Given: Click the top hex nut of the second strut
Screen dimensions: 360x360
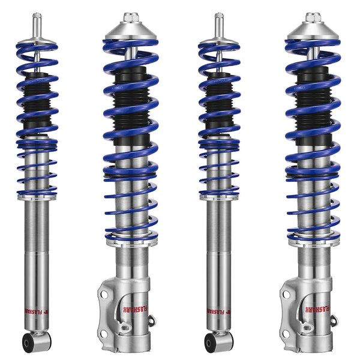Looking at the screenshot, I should point(131,18).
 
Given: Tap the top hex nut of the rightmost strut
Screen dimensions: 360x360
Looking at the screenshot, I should point(313,18).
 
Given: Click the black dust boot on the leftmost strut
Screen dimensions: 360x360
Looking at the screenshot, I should point(37,102).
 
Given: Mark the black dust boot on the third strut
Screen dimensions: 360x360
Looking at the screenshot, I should point(219,102).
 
